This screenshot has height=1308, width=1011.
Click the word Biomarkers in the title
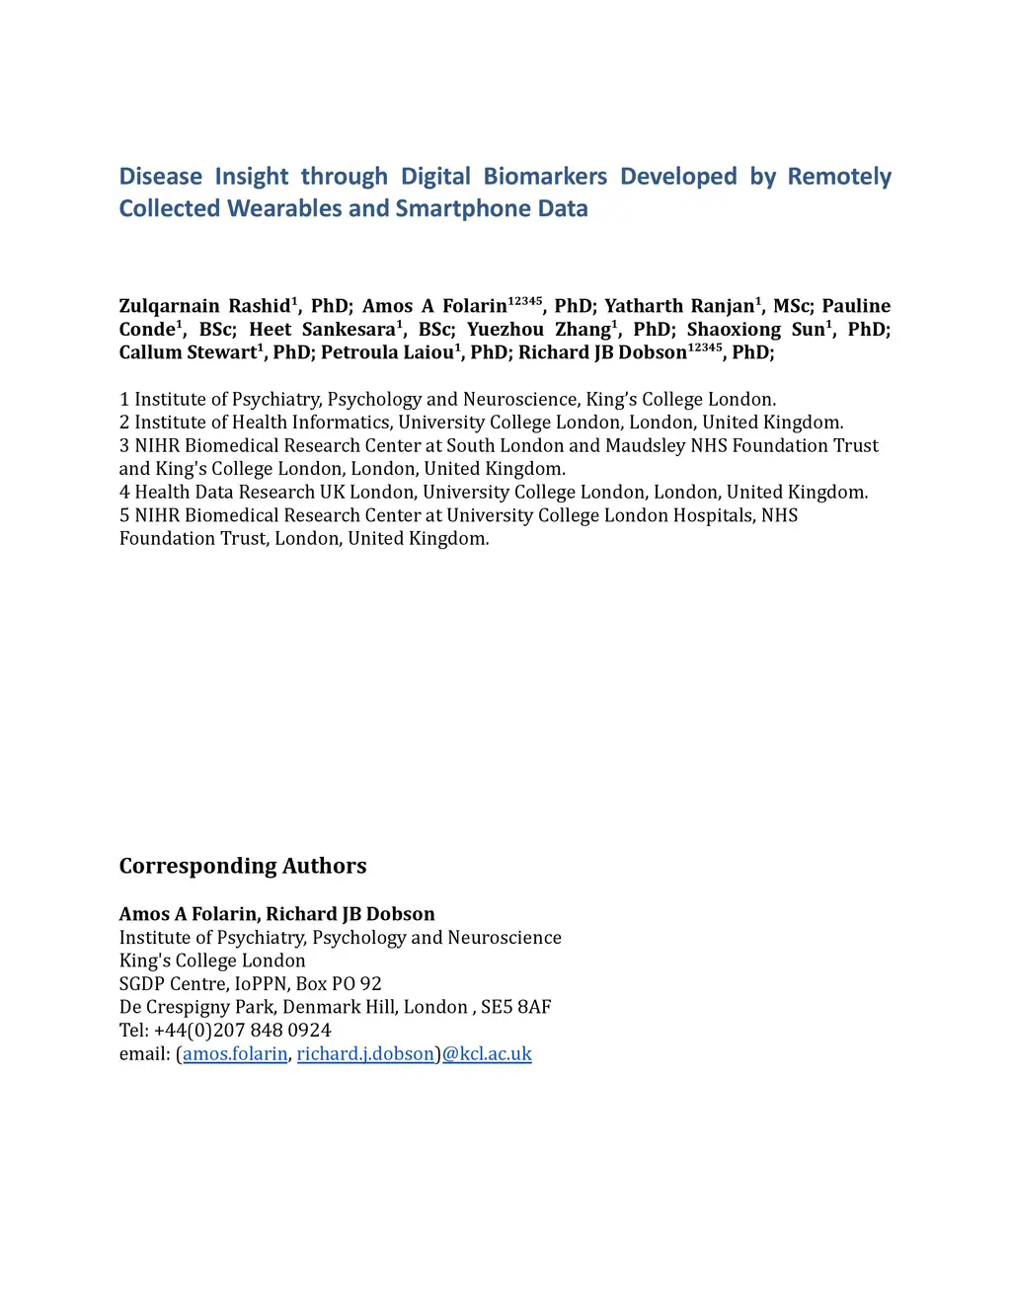(545, 177)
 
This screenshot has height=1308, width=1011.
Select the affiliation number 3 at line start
(124, 446)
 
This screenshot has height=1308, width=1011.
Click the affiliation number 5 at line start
(124, 515)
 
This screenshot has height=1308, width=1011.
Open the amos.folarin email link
(235, 1053)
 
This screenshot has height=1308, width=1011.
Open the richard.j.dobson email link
(365, 1053)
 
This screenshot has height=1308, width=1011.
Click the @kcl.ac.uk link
(487, 1053)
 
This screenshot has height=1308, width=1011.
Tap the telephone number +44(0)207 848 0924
(242, 1030)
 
